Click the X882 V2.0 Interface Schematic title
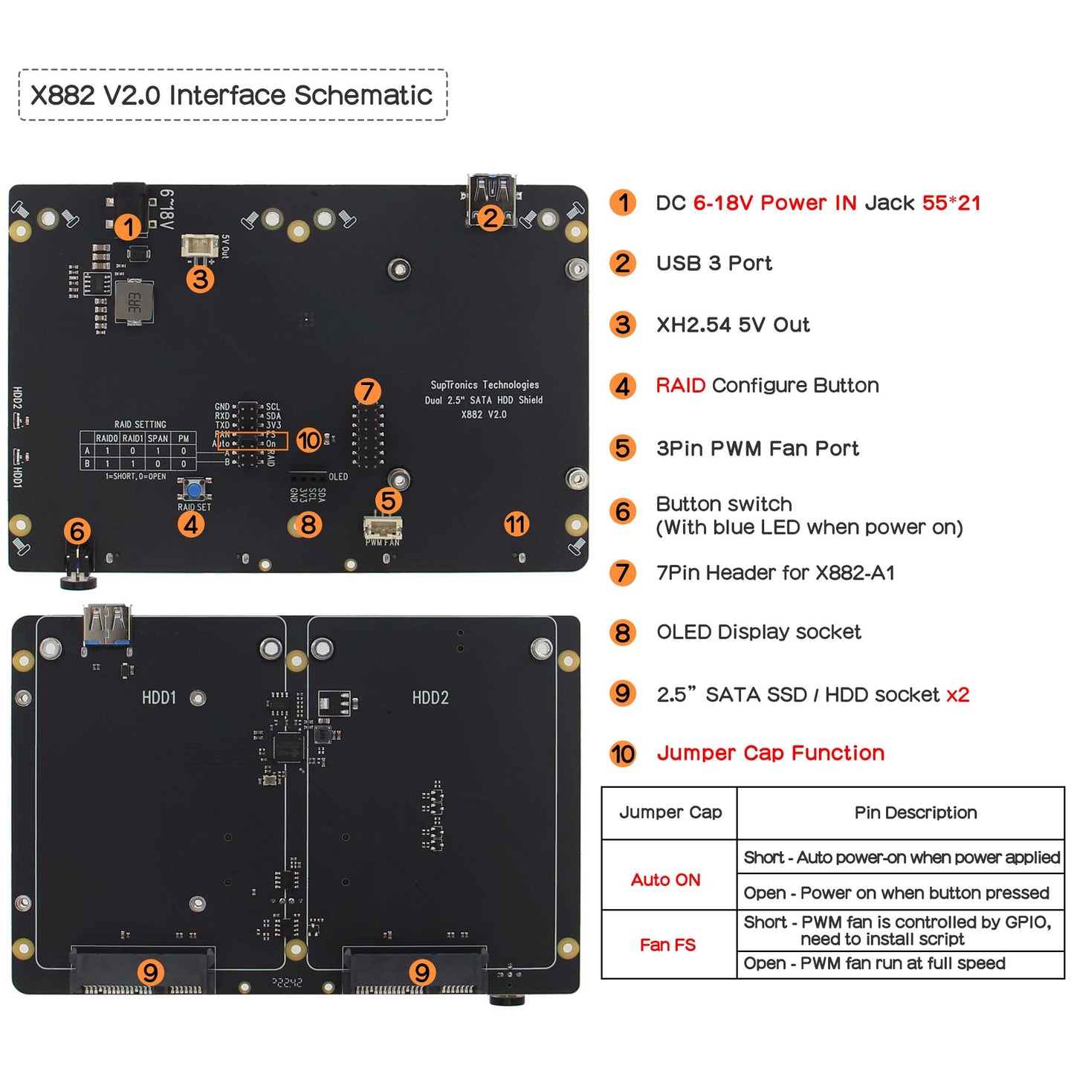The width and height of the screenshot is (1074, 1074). [231, 95]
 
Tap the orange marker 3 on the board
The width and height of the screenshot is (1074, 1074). [200, 279]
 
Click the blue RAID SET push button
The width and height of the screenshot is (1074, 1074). [195, 490]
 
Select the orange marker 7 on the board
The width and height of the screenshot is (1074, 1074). [367, 391]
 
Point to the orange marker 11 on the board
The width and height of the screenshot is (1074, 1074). [516, 524]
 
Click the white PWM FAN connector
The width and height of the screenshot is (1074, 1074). [383, 528]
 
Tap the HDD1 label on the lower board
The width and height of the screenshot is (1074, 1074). [159, 698]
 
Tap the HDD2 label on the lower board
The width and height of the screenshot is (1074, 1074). [430, 698]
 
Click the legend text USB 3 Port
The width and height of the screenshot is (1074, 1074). [714, 263]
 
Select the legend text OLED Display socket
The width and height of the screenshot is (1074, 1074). [758, 632]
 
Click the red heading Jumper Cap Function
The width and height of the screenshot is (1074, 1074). [770, 753]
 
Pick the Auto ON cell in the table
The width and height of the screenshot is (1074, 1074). [666, 880]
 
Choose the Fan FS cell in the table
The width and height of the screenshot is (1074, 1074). [667, 945]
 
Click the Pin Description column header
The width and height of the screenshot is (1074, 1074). [915, 812]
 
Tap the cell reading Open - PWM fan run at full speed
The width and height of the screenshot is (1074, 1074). [874, 963]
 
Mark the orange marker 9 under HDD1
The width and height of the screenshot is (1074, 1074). [151, 971]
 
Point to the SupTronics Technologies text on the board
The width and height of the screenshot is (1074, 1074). [485, 385]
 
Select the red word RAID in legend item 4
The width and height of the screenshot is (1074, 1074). [680, 385]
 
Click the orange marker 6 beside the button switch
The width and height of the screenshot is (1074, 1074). [77, 531]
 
